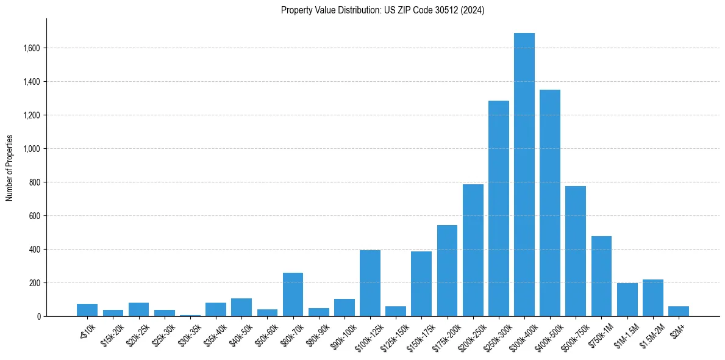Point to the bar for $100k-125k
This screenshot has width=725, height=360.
click(x=370, y=283)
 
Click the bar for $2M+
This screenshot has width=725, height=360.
click(x=678, y=311)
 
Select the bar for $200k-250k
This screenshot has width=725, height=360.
click(x=473, y=250)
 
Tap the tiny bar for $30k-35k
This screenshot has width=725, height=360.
click(x=190, y=315)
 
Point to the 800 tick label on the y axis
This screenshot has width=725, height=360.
click(x=34, y=182)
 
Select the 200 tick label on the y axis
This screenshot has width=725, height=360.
click(x=34, y=283)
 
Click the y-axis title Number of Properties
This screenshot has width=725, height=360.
click(x=10, y=168)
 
